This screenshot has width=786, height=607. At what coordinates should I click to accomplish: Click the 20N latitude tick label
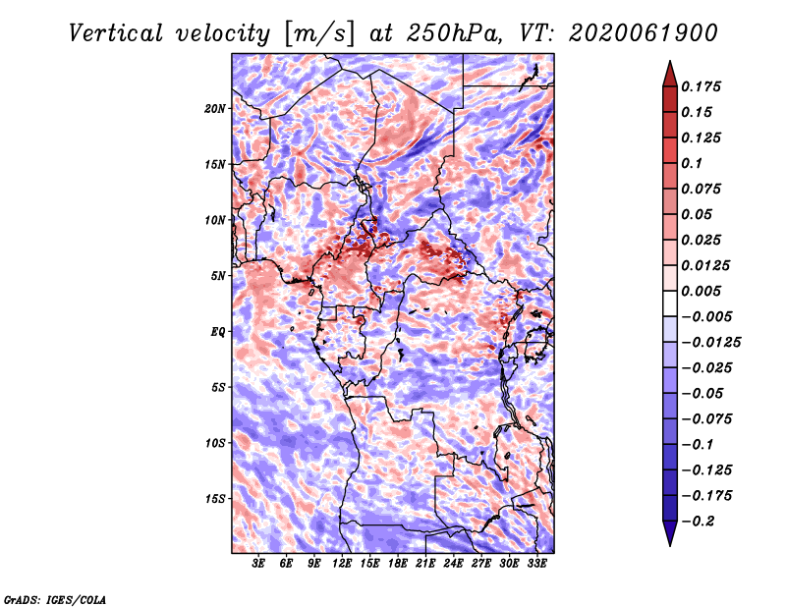[x=215, y=109]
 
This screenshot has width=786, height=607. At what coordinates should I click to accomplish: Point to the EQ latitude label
[x=218, y=332]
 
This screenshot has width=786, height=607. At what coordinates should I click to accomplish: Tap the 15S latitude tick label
[x=215, y=499]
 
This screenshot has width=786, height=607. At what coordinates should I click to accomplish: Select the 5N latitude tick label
[x=218, y=276]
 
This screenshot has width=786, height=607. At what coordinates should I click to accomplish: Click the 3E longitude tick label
[x=258, y=564]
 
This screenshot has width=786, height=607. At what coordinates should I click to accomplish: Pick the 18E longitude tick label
[x=398, y=564]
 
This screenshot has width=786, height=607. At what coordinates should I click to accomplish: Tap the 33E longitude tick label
[x=536, y=564]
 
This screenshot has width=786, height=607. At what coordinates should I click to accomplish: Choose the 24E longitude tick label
[x=453, y=564]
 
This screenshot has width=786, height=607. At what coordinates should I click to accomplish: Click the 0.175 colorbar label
[x=701, y=86]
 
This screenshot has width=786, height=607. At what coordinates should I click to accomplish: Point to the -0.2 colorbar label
[x=698, y=522]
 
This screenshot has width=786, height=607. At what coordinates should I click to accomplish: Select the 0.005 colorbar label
[x=701, y=291]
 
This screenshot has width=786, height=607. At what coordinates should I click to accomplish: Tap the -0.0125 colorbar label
[x=710, y=343]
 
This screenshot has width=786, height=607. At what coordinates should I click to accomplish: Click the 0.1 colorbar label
[x=692, y=163]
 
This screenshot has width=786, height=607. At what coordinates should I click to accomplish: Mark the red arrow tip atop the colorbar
[x=670, y=61]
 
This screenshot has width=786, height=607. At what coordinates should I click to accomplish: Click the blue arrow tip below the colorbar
[x=670, y=545]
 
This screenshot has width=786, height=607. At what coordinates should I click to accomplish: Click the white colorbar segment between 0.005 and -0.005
[x=670, y=303]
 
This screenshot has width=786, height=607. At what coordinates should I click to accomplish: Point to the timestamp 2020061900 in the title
[x=644, y=33]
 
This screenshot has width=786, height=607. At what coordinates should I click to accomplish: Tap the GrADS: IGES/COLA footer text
[x=55, y=600]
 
